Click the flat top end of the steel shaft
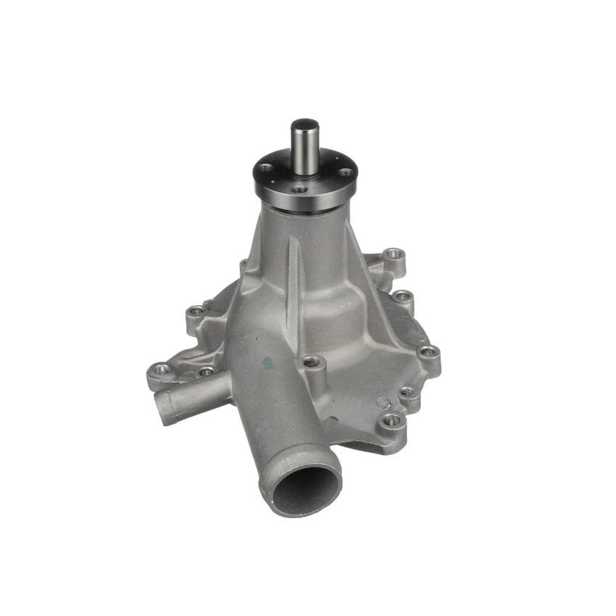tap(304, 125)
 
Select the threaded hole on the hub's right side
tap(346, 172)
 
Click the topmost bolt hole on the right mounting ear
tap(393, 254)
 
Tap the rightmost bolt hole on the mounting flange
tap(429, 352)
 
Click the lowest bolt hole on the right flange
tap(392, 419)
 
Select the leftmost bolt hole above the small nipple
tap(162, 369)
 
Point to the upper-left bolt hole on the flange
tap(196, 312)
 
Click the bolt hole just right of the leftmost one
tap(207, 372)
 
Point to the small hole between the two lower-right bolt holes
tap(407, 393)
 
